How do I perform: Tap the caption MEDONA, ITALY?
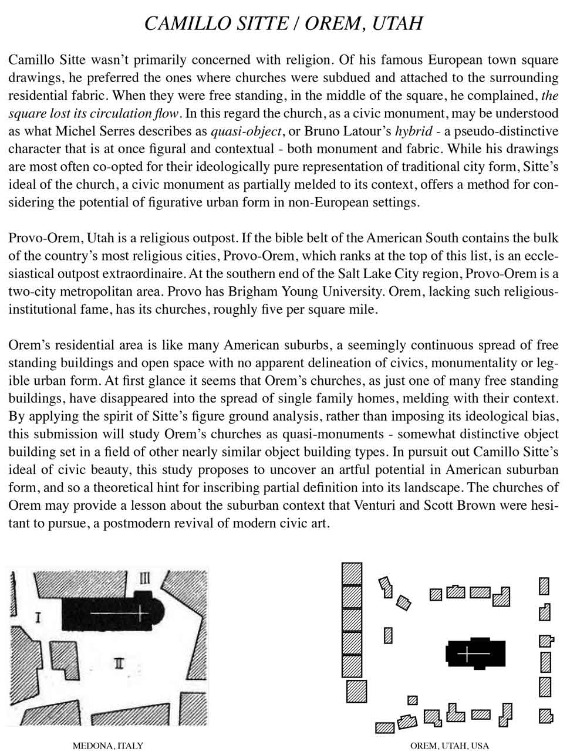(107, 746)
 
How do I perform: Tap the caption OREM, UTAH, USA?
(449, 746)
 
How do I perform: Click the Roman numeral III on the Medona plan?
(145, 578)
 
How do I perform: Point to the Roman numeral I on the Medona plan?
(38, 618)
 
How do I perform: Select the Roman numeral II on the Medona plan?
(119, 663)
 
